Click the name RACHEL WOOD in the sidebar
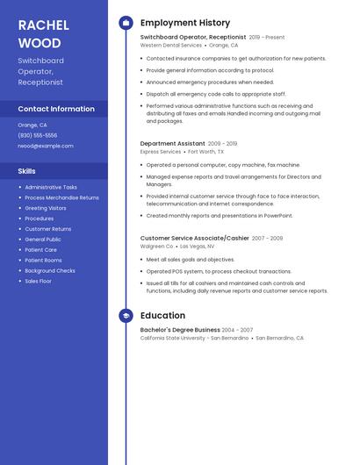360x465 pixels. (40, 33)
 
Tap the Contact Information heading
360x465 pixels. (56, 109)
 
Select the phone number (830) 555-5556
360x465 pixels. (38, 135)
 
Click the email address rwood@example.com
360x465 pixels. (46, 146)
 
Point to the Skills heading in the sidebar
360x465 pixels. (27, 171)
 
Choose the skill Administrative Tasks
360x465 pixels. (51, 187)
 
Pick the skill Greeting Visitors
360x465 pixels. (46, 208)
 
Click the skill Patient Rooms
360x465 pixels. (43, 260)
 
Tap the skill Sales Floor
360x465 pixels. (38, 281)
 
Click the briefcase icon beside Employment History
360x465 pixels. (126, 23)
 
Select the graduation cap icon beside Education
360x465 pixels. (126, 316)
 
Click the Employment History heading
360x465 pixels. (184, 23)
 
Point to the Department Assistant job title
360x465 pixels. (172, 143)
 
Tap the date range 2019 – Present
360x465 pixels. (267, 38)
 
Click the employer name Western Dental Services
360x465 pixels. (170, 45)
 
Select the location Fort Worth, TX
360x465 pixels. (207, 151)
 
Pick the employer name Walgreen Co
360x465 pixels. (156, 246)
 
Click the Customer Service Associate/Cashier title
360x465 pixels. (194, 238)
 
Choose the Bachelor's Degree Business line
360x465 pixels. (180, 330)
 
